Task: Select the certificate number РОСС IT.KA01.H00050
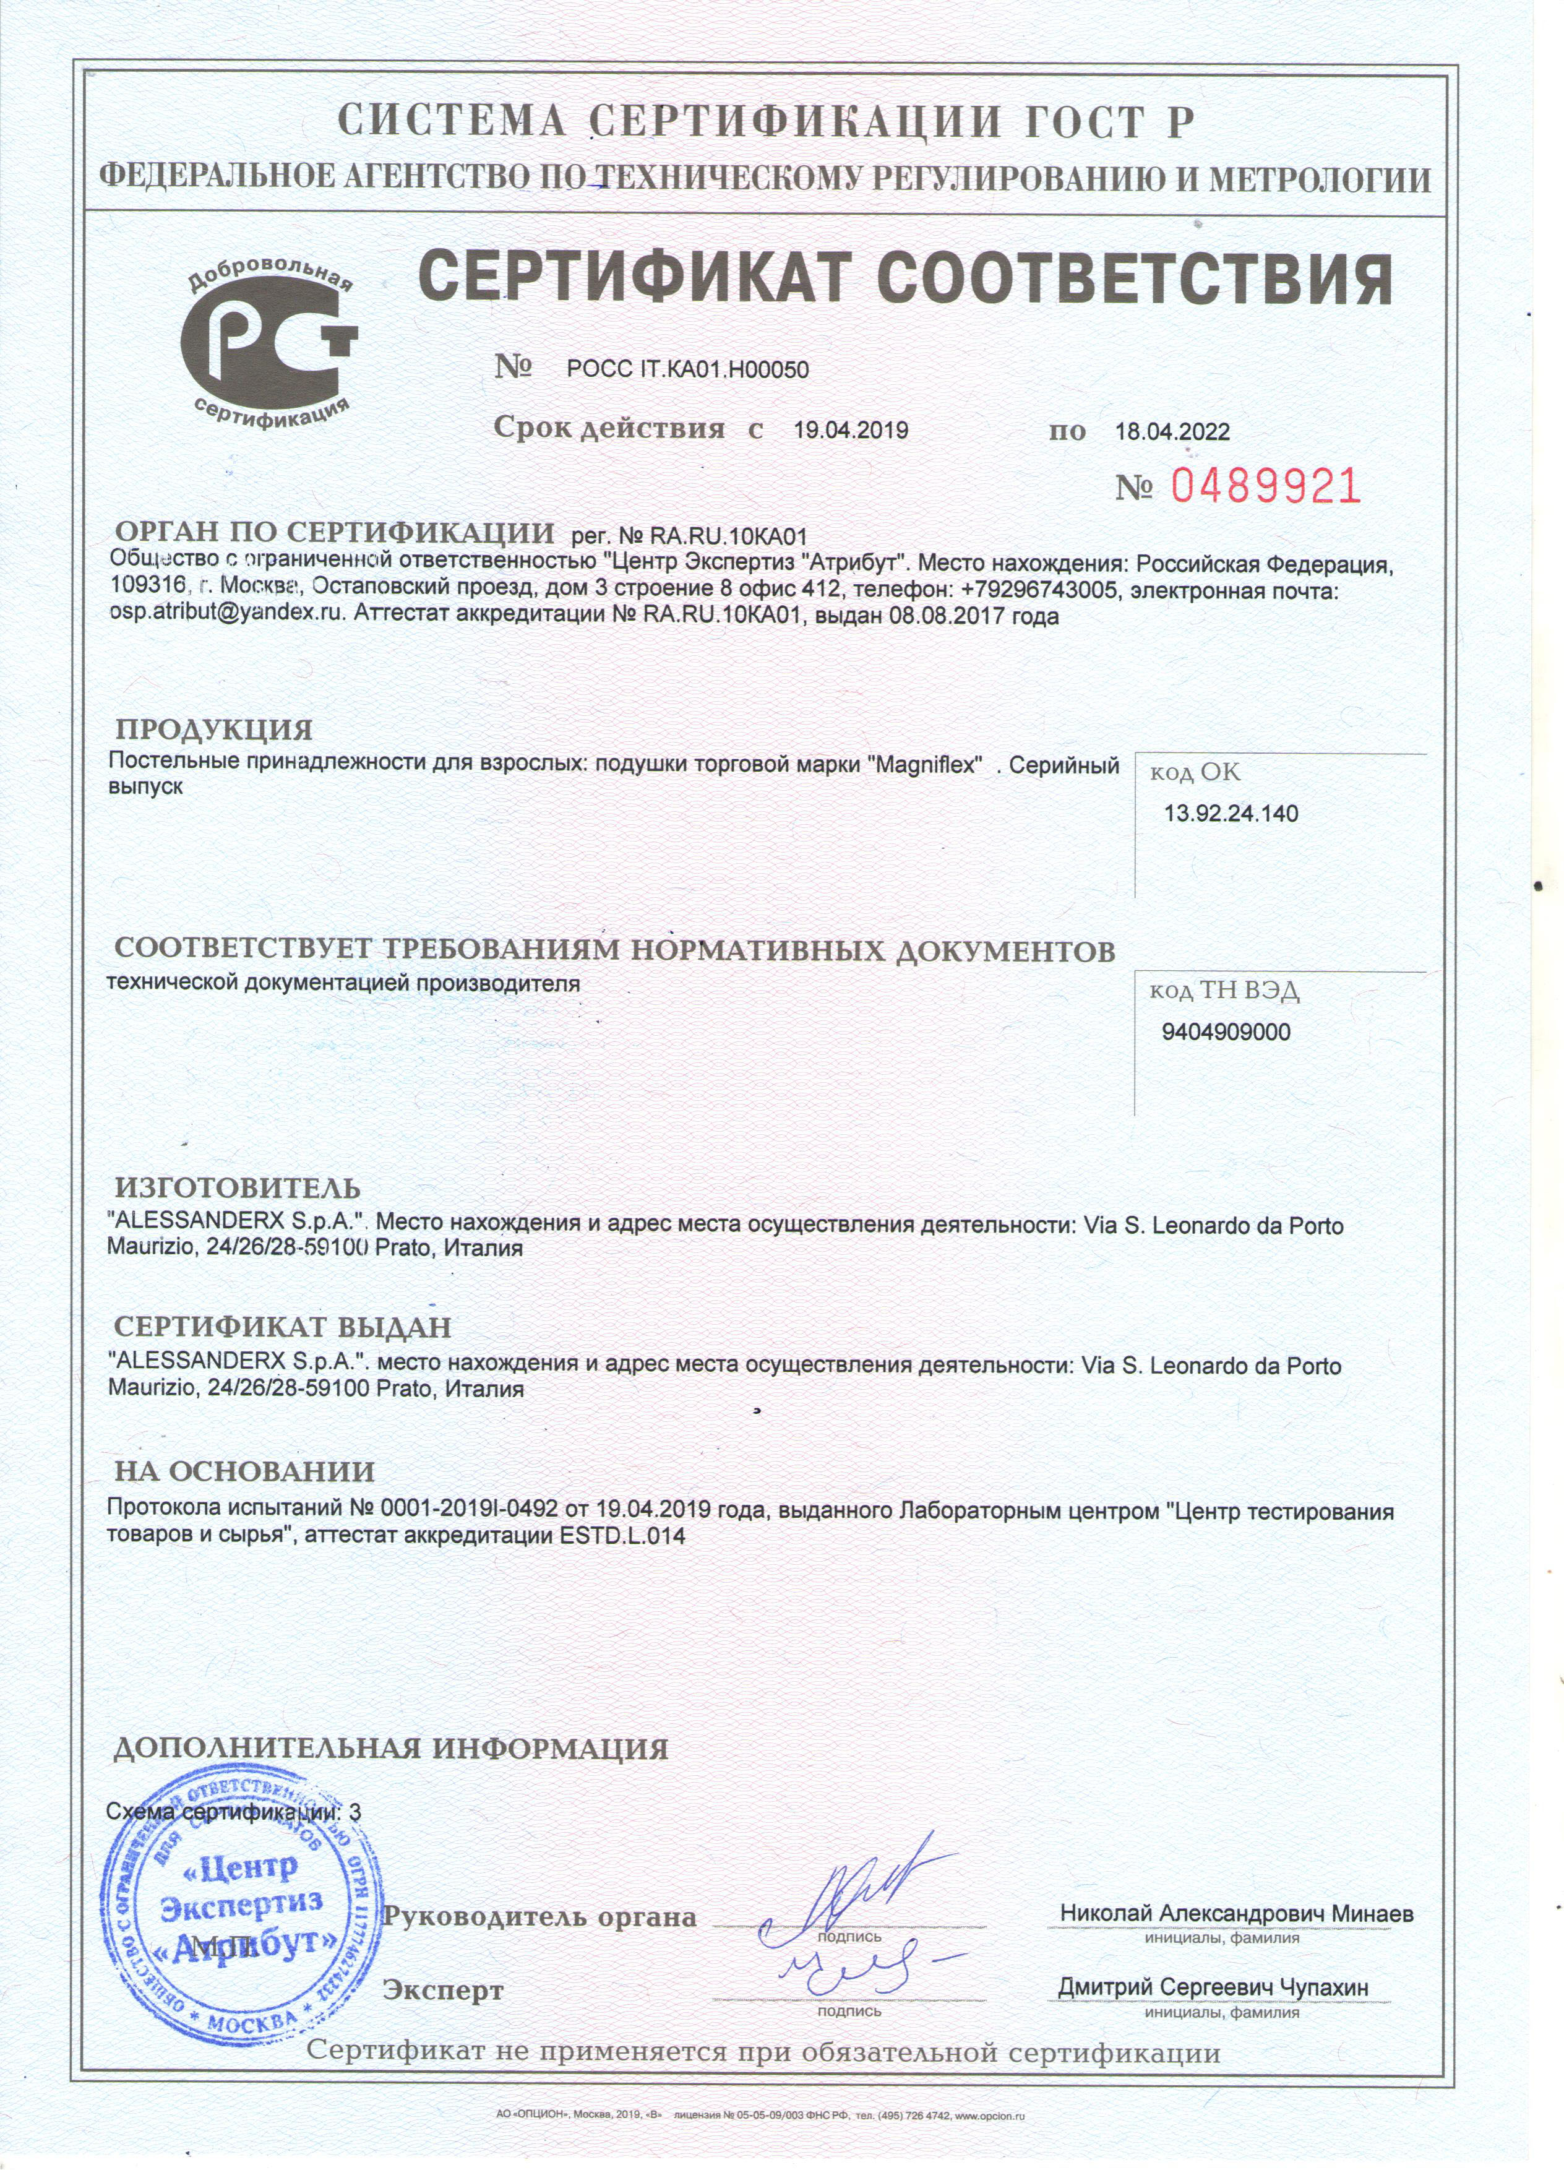[687, 370]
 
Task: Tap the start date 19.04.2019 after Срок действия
[851, 431]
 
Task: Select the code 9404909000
[1226, 1032]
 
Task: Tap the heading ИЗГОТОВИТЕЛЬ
[237, 1188]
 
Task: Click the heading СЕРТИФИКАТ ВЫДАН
[282, 1328]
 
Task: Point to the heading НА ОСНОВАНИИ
[245, 1471]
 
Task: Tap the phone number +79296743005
[1033, 590]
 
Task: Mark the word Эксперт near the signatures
[443, 1991]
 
